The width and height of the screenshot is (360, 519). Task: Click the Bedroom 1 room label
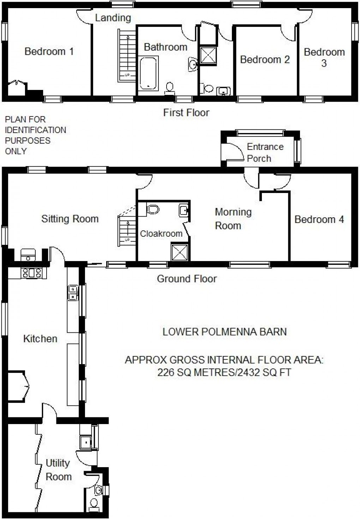tap(49, 52)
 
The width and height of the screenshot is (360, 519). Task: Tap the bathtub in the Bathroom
tap(149, 73)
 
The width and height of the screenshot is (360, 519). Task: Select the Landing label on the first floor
tap(113, 18)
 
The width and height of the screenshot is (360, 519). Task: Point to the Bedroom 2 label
tap(265, 59)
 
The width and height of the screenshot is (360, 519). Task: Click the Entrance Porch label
tap(265, 152)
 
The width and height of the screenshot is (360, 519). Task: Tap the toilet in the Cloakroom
tap(153, 209)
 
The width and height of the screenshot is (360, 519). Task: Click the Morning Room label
tap(233, 219)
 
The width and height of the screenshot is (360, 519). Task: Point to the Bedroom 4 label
tap(319, 219)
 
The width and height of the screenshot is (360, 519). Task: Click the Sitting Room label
tap(70, 219)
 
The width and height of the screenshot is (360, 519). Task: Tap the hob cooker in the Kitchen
tap(32, 273)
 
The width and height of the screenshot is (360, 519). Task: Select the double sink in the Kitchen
tap(73, 292)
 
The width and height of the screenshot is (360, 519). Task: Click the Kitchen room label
tap(40, 339)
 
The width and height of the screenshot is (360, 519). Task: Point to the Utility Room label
tap(58, 470)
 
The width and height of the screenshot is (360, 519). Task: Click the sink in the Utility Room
tap(86, 442)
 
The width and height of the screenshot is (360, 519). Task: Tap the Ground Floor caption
tap(187, 279)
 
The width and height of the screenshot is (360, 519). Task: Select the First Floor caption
tap(186, 113)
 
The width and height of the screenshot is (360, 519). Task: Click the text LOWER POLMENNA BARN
tap(224, 332)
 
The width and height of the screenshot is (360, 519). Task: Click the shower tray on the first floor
tap(208, 55)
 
